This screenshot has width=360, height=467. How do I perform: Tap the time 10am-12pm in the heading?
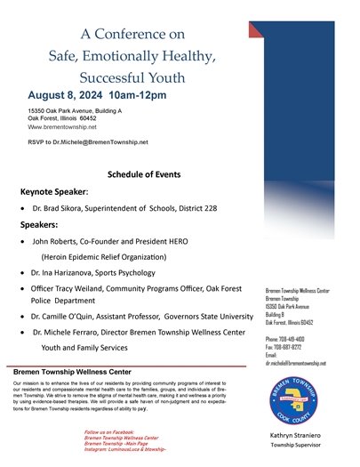(153, 93)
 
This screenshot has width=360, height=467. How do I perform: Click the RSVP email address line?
(88, 141)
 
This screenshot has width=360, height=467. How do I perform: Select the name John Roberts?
(58, 241)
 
